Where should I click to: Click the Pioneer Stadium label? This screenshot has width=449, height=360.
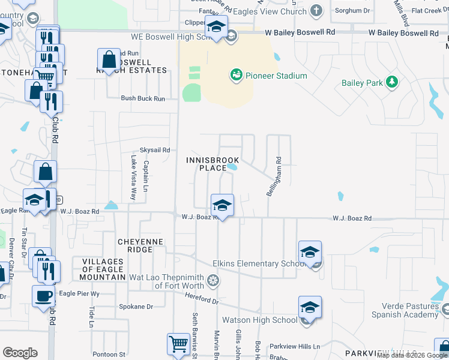point(276,76)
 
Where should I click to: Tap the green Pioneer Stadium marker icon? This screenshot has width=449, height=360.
point(236,76)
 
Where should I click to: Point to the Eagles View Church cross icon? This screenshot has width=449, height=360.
point(316,10)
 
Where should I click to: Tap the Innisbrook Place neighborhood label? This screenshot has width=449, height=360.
point(212,164)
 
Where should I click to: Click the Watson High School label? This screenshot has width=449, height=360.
point(259,320)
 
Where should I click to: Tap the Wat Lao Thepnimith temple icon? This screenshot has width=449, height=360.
point(212,280)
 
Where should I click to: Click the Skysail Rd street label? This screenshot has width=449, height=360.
point(155,150)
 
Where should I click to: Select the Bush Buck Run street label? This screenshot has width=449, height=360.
point(143,98)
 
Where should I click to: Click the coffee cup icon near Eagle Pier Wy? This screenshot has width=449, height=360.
point(43,296)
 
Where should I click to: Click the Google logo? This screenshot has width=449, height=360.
point(20,353)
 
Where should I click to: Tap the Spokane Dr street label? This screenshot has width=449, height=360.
point(137,307)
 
